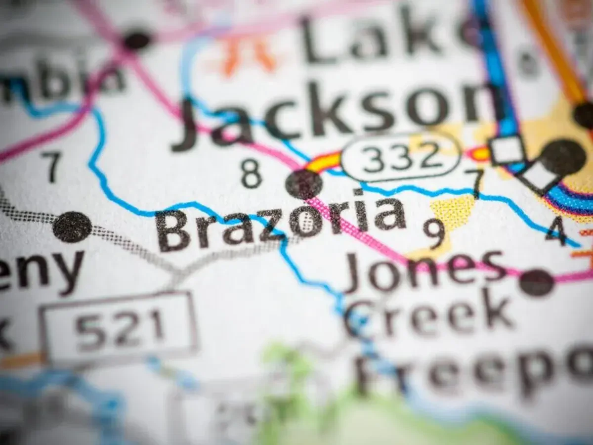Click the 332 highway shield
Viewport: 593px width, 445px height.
[400, 157]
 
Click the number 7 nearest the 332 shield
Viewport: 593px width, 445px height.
[476, 183]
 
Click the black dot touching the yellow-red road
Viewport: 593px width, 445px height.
[304, 184]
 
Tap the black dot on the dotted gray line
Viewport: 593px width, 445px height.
[72, 227]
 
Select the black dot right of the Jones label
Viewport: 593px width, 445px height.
[537, 283]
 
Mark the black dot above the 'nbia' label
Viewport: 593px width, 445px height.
[137, 40]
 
